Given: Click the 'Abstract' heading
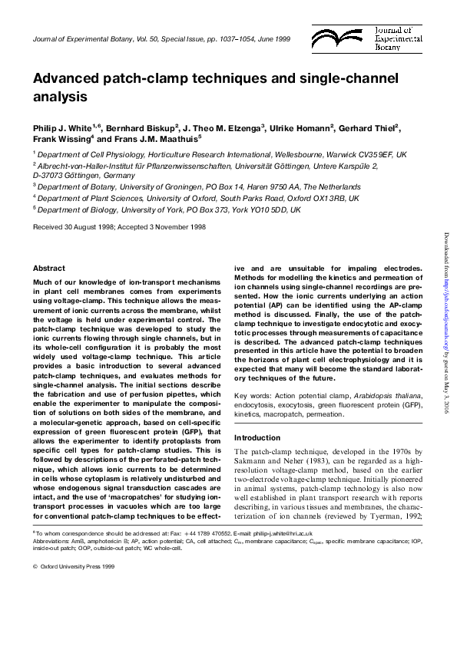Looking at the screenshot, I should tap(49, 268).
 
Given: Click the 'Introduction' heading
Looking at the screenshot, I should tap(257, 438).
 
